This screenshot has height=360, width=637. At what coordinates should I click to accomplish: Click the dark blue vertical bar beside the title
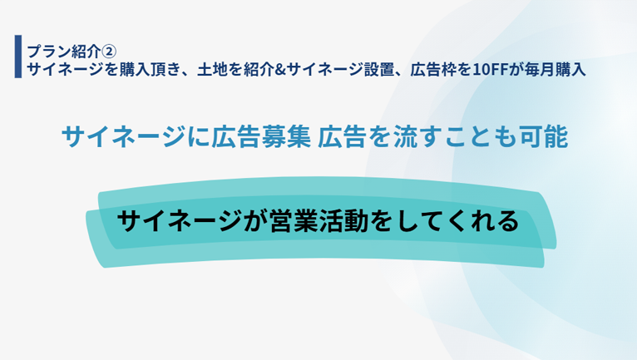(x=18, y=57)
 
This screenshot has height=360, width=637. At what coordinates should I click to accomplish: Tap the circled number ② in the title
(x=108, y=52)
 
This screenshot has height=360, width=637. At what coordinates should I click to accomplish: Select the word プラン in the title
(x=49, y=52)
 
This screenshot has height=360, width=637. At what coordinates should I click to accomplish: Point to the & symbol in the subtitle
(x=280, y=70)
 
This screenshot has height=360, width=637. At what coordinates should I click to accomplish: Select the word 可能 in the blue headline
(x=544, y=136)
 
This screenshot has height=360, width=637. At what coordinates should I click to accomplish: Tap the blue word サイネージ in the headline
(x=124, y=136)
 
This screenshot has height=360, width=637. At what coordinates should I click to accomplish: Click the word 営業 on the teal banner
(x=294, y=221)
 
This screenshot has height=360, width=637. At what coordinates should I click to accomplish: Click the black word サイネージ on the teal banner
(x=180, y=221)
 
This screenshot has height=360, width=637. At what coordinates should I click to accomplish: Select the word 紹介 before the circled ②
(x=86, y=52)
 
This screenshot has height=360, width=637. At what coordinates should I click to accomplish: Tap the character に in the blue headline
(x=199, y=136)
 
